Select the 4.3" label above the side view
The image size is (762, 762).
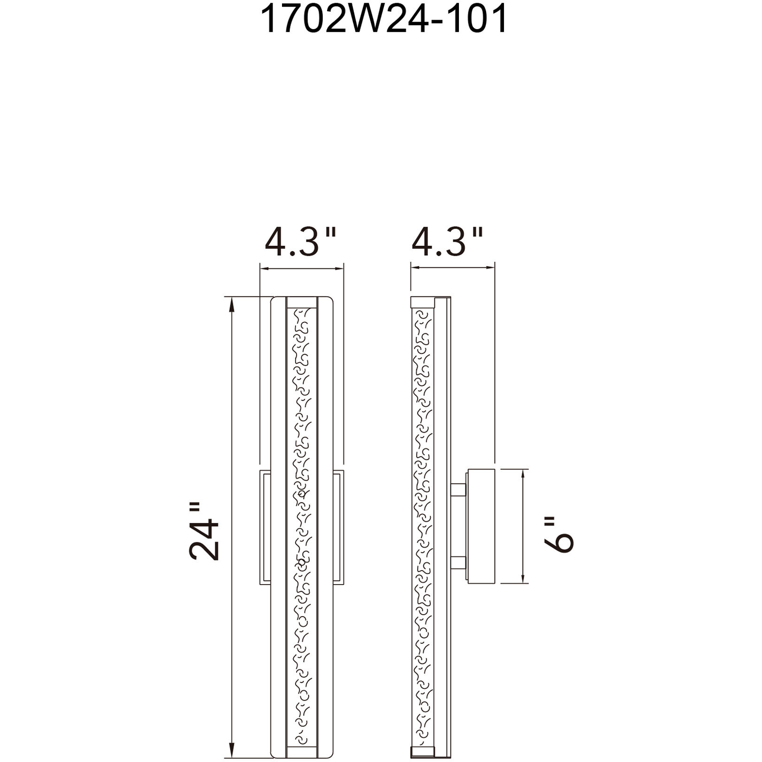448,243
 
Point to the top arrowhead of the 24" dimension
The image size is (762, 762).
231,303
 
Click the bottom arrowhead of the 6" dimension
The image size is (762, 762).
522,578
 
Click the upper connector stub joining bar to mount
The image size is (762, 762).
457,491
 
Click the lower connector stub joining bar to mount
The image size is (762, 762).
457,561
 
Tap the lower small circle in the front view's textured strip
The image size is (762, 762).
301,562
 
